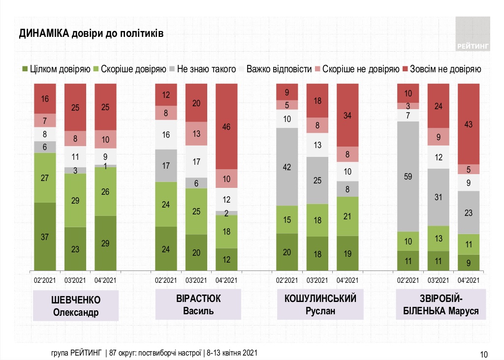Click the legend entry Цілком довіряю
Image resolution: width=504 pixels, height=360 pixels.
click(x=56, y=69)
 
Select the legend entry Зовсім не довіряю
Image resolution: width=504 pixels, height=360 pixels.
click(x=441, y=69)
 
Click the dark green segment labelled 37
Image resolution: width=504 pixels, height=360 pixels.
click(x=45, y=236)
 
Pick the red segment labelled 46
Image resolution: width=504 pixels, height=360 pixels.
click(x=226, y=126)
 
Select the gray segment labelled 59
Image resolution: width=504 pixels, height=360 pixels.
click(x=408, y=176)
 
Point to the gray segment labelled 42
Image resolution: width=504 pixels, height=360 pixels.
click(x=287, y=166)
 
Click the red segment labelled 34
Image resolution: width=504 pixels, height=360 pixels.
click(x=347, y=115)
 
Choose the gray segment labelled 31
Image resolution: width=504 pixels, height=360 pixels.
click(x=438, y=197)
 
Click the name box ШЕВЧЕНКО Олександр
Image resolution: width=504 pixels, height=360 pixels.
click(x=76, y=305)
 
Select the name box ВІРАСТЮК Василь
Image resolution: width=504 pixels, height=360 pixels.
click(x=197, y=305)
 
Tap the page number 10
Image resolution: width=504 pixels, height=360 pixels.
click(x=483, y=354)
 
